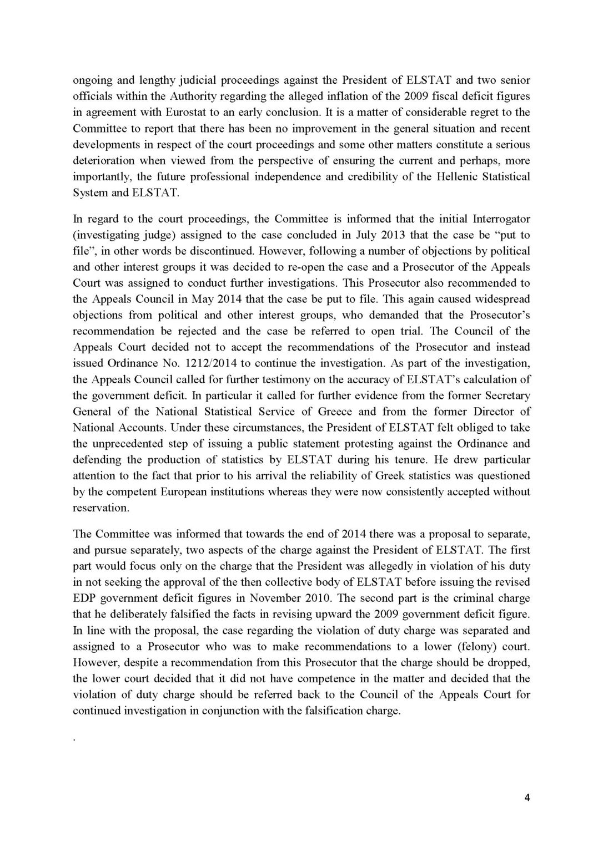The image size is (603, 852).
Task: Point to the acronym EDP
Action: pos(83,599)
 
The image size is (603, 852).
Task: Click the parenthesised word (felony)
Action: pos(460,647)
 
